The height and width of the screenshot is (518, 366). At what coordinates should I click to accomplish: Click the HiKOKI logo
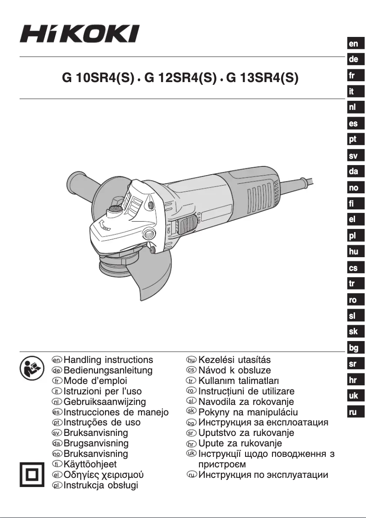(x=79, y=34)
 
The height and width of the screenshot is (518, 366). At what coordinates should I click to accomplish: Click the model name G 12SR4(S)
(x=179, y=78)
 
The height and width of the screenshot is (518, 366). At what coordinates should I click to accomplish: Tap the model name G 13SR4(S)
(x=262, y=78)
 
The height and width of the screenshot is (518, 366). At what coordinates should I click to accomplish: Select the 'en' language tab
(x=354, y=44)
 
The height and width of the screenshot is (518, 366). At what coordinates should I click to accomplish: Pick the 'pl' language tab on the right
(x=354, y=236)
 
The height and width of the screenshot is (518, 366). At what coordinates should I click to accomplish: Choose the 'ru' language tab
(x=354, y=412)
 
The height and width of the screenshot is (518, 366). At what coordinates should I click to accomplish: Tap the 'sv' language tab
(x=354, y=156)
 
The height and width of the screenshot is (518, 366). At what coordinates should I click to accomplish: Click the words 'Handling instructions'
(x=109, y=360)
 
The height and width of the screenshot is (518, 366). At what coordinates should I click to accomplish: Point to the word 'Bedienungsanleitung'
(x=109, y=371)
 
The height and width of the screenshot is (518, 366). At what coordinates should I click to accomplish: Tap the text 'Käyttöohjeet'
(x=90, y=465)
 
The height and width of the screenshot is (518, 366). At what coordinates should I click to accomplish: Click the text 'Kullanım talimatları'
(x=239, y=381)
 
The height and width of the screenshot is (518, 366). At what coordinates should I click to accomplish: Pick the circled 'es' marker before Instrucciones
(x=57, y=412)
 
